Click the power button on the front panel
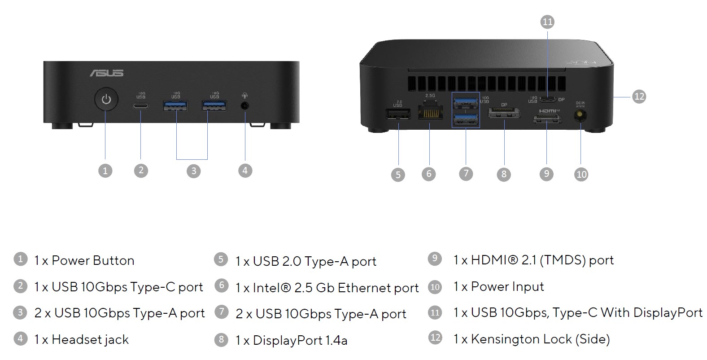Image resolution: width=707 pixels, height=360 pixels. pyautogui.click(x=106, y=99)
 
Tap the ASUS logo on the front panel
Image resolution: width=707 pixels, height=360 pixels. pyautogui.click(x=106, y=73)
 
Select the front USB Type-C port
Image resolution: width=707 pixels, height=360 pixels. pyautogui.click(x=141, y=106)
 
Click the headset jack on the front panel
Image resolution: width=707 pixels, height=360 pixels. pyautogui.click(x=245, y=106)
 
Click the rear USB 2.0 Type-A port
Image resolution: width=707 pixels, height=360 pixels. pyautogui.click(x=398, y=115)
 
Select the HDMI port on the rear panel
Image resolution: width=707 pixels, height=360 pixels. pyautogui.click(x=547, y=119)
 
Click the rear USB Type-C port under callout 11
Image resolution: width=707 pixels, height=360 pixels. pyautogui.click(x=547, y=99)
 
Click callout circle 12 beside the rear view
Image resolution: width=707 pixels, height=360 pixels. pyautogui.click(x=639, y=97)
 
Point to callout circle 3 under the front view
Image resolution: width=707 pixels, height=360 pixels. pyautogui.click(x=193, y=171)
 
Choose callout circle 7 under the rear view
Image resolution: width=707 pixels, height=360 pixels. pyautogui.click(x=466, y=173)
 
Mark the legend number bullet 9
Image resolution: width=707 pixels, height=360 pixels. pyautogui.click(x=435, y=259)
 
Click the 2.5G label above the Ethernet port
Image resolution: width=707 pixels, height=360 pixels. pyautogui.click(x=430, y=96)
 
